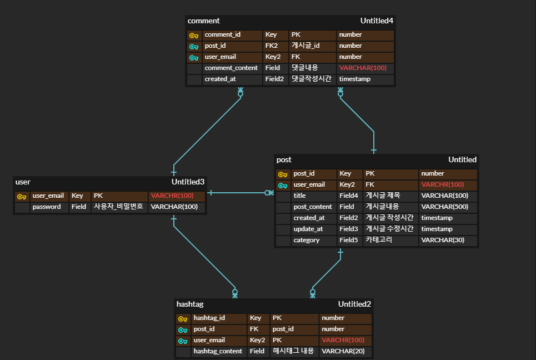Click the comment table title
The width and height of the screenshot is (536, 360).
point(204,21)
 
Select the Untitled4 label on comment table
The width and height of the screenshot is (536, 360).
point(377,21)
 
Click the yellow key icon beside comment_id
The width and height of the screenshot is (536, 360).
point(194,35)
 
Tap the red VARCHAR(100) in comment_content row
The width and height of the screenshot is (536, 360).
point(362,68)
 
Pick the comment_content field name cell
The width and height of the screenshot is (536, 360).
point(231,68)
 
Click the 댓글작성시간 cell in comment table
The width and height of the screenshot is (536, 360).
point(311,79)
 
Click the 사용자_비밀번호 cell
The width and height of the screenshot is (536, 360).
point(118,207)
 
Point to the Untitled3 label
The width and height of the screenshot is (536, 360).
point(188,182)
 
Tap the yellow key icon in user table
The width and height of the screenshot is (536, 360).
point(22,196)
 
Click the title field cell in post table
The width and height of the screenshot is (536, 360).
point(300,196)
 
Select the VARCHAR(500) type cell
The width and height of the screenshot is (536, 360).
point(444,207)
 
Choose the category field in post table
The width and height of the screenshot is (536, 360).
point(307,240)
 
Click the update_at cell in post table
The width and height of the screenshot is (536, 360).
point(308,229)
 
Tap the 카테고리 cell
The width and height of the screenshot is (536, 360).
point(379,240)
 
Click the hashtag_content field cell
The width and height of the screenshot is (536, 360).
point(218,351)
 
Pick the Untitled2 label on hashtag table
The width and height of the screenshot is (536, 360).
point(354,304)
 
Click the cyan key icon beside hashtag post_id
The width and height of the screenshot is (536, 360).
point(183,329)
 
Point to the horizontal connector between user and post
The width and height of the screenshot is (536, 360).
point(239,193)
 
